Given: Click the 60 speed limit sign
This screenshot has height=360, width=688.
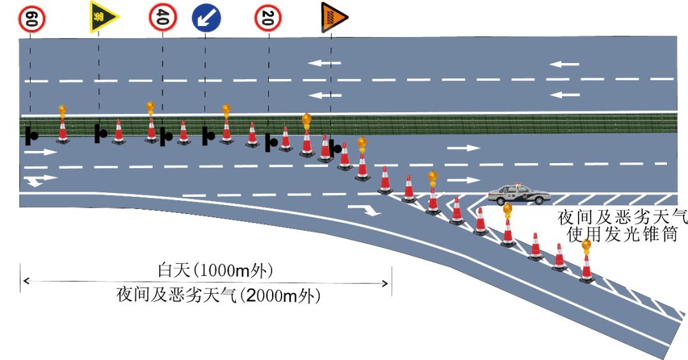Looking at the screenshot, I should click(x=31, y=18).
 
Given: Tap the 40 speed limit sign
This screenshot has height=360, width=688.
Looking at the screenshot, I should click(x=162, y=18).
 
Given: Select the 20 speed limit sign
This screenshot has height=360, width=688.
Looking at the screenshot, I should click(x=268, y=18).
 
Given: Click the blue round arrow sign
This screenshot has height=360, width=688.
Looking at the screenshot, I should click(x=205, y=19).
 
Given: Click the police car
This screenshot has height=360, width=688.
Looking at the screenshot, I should click(x=518, y=194).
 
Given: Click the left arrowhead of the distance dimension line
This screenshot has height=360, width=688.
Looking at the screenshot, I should click(x=23, y=281).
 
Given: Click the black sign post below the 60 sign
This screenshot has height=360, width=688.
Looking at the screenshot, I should click(x=31, y=135).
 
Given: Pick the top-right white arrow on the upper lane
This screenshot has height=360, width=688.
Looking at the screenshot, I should click(x=565, y=64).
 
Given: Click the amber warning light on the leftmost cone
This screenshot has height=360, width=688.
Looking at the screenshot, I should click(x=62, y=112).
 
